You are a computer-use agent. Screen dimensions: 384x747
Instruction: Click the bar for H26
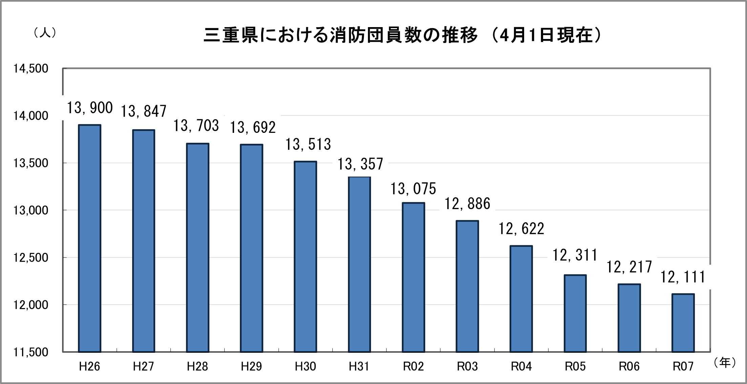89,238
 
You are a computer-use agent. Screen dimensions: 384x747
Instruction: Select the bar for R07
683,323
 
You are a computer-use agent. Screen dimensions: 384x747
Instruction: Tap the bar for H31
359,264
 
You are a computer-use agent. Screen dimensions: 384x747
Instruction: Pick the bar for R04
521,299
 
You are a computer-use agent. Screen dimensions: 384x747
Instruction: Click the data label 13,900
90,108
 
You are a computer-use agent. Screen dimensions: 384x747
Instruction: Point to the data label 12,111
683,277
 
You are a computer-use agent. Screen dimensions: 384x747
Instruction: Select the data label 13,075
413,189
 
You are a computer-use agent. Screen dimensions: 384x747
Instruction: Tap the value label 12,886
467,204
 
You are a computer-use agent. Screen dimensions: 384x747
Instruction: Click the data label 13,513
308,144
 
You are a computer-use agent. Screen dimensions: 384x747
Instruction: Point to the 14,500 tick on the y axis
31,69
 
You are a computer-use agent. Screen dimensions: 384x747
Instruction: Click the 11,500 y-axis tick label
31,352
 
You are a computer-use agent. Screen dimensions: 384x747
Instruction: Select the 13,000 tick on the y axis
31,210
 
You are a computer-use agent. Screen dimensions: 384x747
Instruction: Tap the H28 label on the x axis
197,366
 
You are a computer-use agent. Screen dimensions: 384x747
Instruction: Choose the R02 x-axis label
413,366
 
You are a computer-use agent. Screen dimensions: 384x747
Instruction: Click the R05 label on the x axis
575,366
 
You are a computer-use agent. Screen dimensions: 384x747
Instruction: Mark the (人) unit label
45,33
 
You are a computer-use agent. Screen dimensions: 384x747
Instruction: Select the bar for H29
251,248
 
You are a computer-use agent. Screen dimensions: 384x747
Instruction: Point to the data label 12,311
575,255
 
